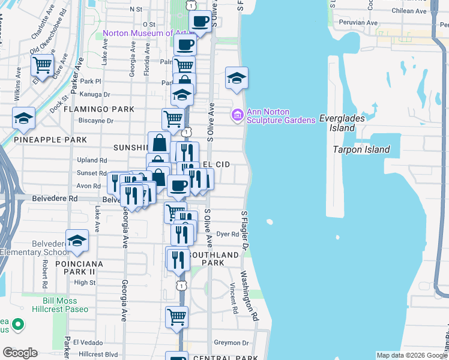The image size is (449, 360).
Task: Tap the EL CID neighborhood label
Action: pyautogui.click(x=216, y=164)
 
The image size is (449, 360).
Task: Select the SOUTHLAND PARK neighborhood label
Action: pyautogui.click(x=206, y=259)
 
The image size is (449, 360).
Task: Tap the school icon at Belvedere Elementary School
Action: pyautogui.click(x=77, y=241)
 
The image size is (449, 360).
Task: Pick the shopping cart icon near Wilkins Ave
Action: pyautogui.click(x=42, y=65)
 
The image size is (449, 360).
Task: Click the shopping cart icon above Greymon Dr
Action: pyautogui.click(x=176, y=317)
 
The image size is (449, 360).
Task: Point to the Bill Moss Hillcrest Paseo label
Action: pyautogui.click(x=65, y=305)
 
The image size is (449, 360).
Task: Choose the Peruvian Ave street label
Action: pyautogui.click(x=360, y=23)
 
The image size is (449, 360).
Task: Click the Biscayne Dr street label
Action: pyautogui.click(x=96, y=120)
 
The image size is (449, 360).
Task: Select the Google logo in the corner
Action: pyautogui.click(x=20, y=353)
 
